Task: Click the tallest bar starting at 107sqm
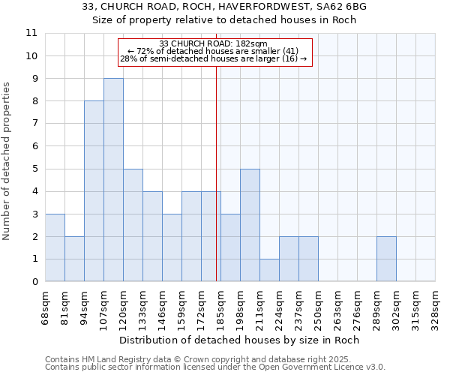pos(113,180)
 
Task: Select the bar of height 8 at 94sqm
pos(94,191)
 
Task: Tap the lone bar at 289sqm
pos(386,259)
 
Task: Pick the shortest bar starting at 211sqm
pos(269,270)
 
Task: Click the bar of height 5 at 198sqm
pos(250,225)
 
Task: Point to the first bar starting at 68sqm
pos(55,247)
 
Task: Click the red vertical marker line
pos(217,165)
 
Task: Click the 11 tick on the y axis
pos(31,33)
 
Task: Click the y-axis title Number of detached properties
pos(7,160)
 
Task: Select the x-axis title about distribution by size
pos(239,340)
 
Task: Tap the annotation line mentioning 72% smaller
pos(214,51)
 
